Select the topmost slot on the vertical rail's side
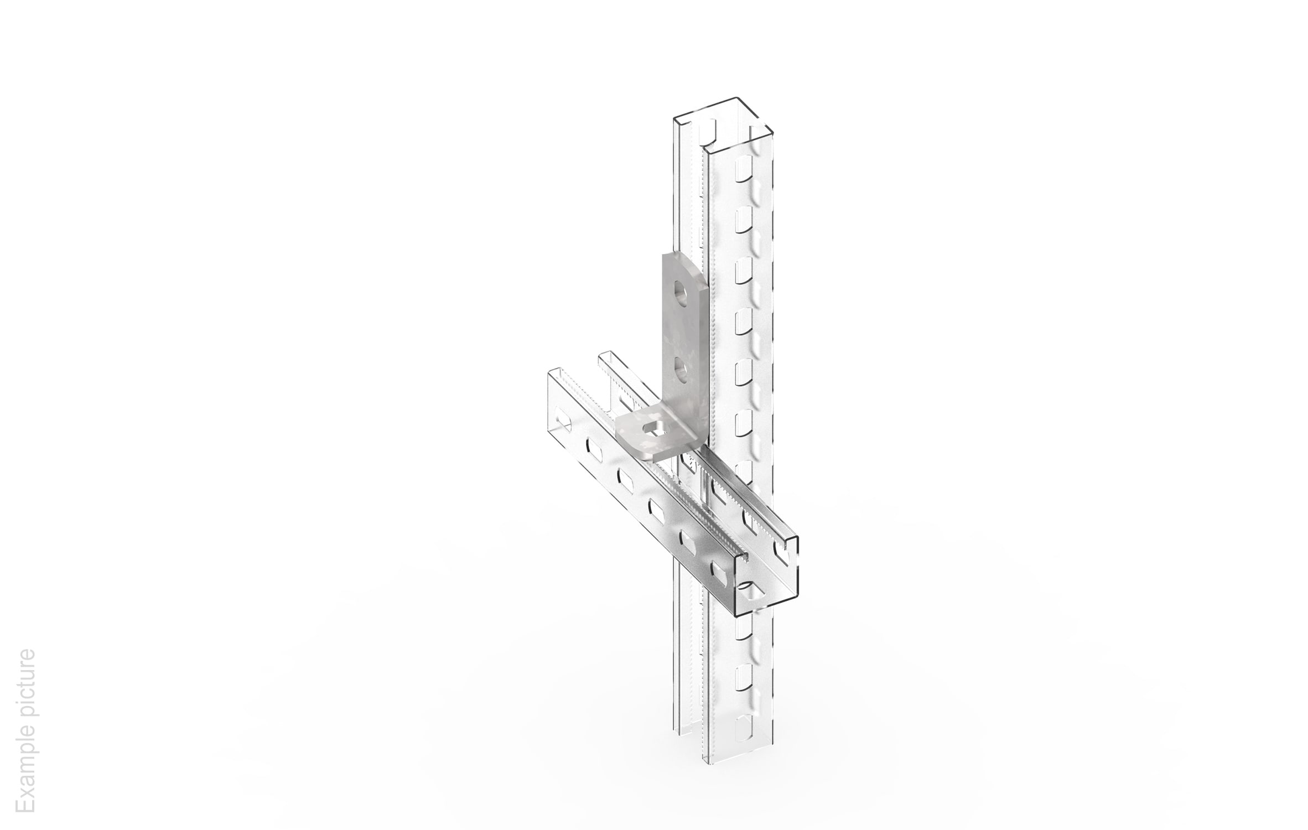742,168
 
